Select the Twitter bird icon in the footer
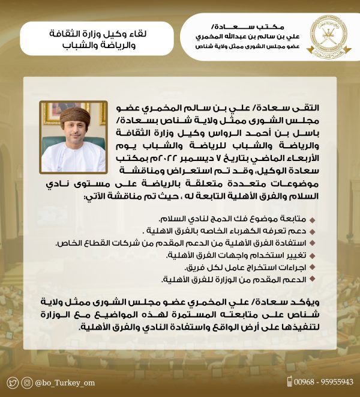(13, 383)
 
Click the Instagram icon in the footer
(27, 383)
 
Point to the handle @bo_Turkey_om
(67, 383)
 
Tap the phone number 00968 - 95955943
(325, 382)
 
